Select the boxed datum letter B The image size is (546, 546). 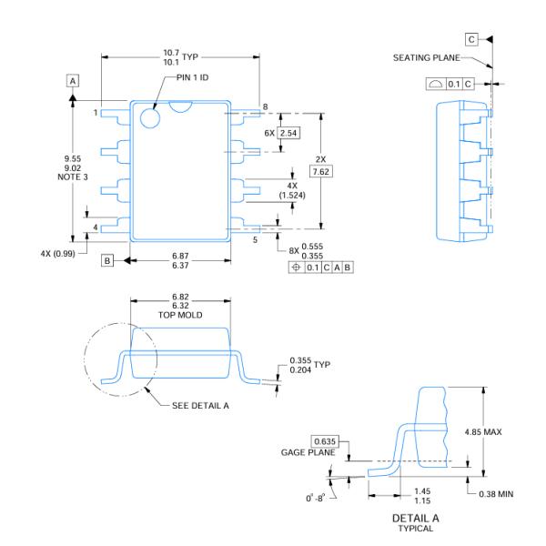(107, 261)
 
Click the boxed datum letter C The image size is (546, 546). (470, 40)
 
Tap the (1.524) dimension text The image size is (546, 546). (292, 195)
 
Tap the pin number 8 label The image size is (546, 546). (265, 107)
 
